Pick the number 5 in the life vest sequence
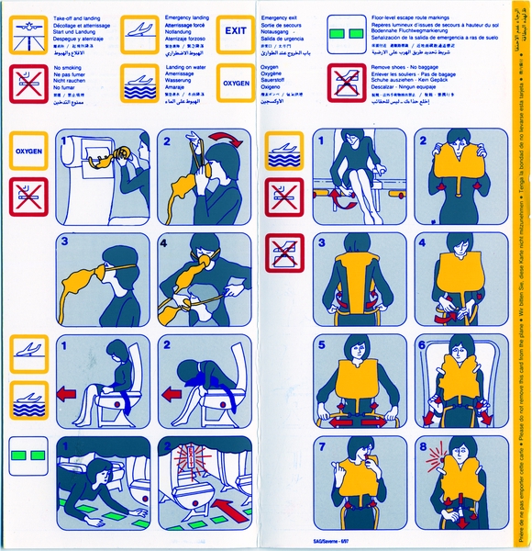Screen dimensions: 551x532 click(x=323, y=344)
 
